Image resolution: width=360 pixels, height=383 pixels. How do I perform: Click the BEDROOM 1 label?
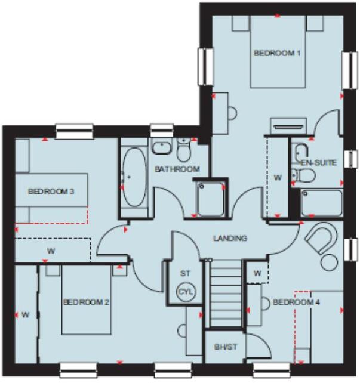pyautogui.click(x=276, y=53)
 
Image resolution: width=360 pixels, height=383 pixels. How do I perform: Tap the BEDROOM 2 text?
pyautogui.click(x=86, y=302)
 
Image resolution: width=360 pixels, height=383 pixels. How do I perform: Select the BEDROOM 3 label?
pyautogui.click(x=51, y=191)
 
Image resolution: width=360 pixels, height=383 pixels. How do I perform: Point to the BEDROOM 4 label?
pyautogui.click(x=296, y=302)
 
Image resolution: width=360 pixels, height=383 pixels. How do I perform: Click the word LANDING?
pyautogui.click(x=230, y=238)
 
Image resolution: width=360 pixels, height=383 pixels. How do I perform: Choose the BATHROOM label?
pyautogui.click(x=177, y=169)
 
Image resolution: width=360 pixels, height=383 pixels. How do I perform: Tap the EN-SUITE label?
pyautogui.click(x=318, y=162)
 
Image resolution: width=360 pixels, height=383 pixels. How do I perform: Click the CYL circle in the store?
pyautogui.click(x=186, y=292)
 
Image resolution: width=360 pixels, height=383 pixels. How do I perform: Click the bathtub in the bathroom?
pyautogui.click(x=135, y=177)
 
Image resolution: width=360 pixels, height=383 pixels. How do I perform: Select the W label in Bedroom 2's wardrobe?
pyautogui.click(x=26, y=314)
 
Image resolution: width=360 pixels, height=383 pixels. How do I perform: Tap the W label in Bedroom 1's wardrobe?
pyautogui.click(x=277, y=177)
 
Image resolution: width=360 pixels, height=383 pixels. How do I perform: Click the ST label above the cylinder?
pyautogui.click(x=185, y=273)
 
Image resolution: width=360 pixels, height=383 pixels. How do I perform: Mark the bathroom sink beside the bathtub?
pyautogui.click(x=161, y=147)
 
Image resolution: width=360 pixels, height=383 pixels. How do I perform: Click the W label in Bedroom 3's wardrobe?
pyautogui.click(x=51, y=251)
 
